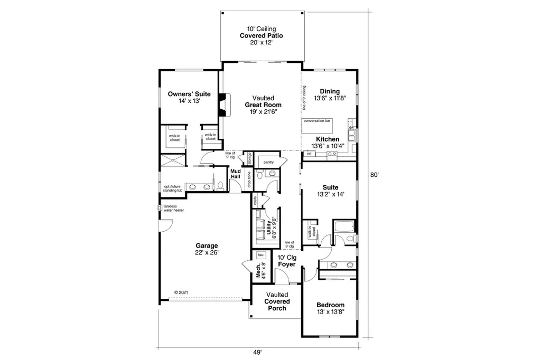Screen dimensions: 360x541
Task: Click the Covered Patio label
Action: click(261, 36)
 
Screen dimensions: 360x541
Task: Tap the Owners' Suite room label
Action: click(185, 94)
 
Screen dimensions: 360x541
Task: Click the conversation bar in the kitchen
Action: click(317, 121)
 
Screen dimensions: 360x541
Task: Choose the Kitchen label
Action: click(328, 139)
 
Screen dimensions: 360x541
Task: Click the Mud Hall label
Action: click(235, 174)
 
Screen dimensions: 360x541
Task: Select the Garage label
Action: click(207, 246)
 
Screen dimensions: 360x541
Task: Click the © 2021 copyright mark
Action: click(181, 292)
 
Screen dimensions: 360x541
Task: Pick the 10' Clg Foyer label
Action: click(286, 261)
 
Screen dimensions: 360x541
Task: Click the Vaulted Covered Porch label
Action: click(277, 301)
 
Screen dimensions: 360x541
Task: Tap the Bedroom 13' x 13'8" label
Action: click(330, 308)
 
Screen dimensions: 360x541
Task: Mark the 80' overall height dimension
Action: click(374, 175)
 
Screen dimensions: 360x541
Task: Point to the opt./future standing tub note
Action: click(173, 187)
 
